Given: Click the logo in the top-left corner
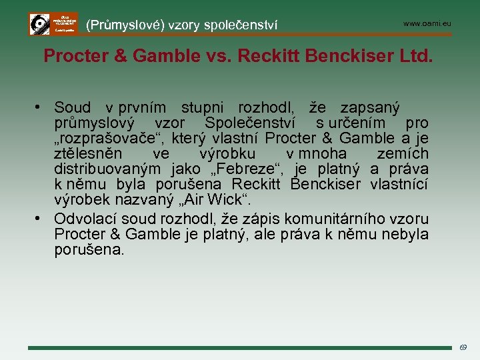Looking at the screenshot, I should (x=53, y=24).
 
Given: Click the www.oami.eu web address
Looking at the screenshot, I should (x=427, y=23).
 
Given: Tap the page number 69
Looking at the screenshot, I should (x=463, y=347).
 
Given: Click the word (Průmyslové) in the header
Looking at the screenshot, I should (x=125, y=25).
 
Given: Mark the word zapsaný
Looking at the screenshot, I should (x=370, y=108).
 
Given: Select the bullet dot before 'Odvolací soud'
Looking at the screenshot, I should (x=41, y=219).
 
